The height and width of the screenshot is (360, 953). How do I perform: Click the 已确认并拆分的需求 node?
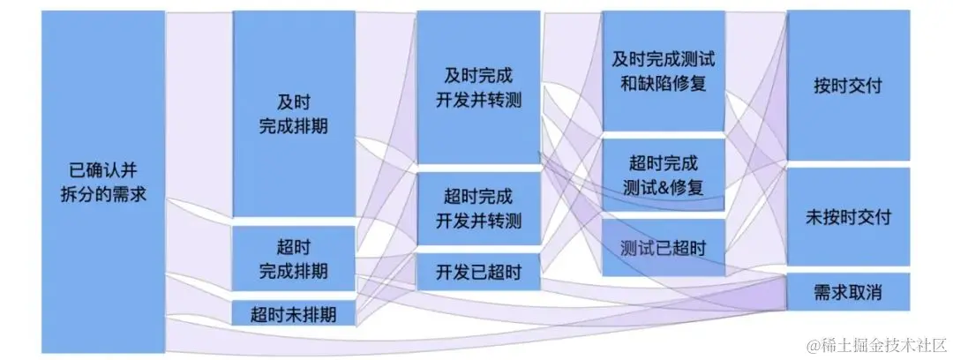point(102,181)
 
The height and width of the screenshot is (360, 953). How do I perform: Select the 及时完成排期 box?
point(293,113)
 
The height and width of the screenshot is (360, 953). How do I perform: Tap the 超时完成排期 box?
point(293,257)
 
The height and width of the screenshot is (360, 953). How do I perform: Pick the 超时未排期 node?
point(293,313)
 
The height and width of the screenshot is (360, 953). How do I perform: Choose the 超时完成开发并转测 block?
point(478,208)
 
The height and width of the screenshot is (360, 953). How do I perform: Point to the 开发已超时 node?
point(478,272)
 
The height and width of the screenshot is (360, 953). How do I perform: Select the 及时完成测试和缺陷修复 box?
point(664,71)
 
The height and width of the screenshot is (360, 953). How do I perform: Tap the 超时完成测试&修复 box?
point(664,174)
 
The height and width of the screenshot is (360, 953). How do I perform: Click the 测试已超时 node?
point(664,248)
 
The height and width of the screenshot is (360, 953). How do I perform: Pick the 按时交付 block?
point(848,86)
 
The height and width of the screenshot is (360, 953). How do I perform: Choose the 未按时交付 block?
point(848,216)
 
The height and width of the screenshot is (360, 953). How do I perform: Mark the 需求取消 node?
point(848,293)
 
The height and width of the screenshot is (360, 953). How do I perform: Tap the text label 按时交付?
point(848,86)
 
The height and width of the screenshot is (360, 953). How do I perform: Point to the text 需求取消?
point(848,293)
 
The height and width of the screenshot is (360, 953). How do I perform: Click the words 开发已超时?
point(478,272)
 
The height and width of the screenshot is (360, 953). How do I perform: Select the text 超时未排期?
point(293,313)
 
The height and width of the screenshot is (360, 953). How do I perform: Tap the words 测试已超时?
point(664,248)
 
